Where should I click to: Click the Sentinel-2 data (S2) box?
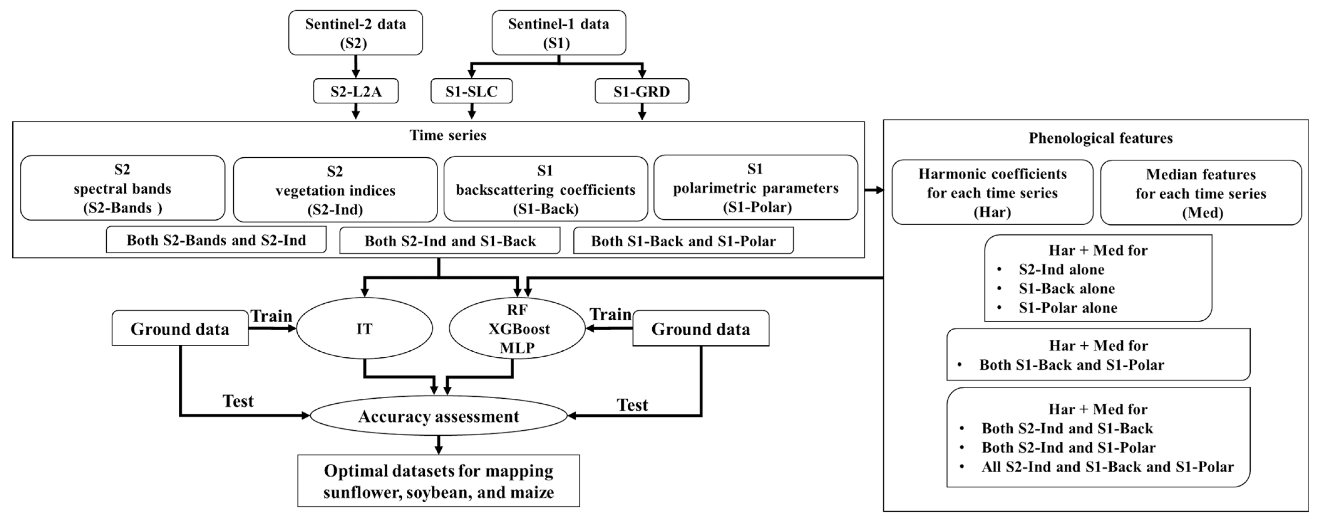click(x=355, y=33)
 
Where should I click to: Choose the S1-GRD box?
click(x=642, y=92)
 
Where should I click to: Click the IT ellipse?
click(x=364, y=328)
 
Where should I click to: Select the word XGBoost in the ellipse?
click(x=519, y=328)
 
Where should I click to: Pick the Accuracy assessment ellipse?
click(x=439, y=416)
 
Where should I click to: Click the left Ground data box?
click(x=180, y=328)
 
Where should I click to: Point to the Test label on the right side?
click(x=632, y=405)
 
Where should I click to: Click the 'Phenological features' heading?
click(x=1100, y=138)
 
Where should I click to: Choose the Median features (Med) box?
click(x=1201, y=193)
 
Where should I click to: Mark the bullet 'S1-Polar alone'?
click(x=1067, y=307)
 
